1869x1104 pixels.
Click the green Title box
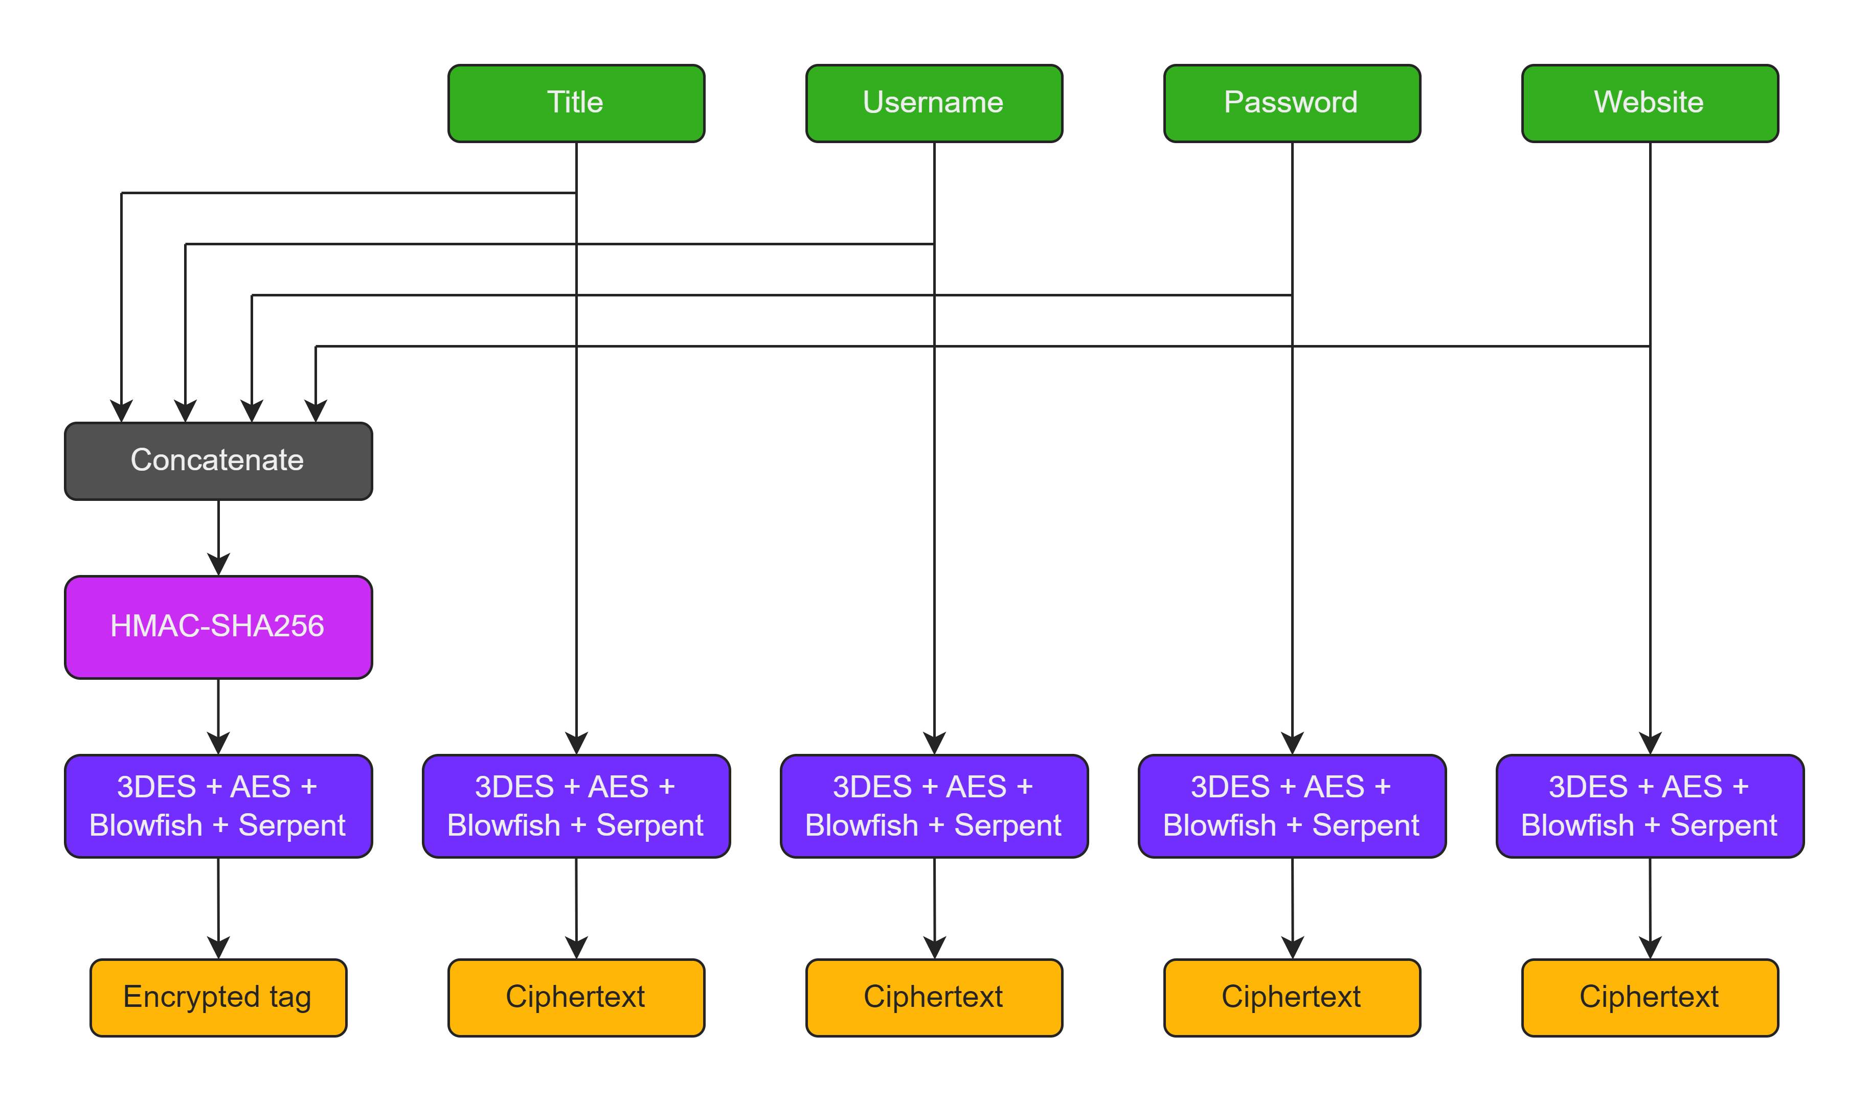576,103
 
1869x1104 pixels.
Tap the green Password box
1291,103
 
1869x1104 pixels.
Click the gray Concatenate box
218,461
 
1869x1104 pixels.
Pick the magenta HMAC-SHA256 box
218,627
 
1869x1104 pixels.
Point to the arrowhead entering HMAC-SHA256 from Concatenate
218,565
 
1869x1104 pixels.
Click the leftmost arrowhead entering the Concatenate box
121,411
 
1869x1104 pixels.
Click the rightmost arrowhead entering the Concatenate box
316,411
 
